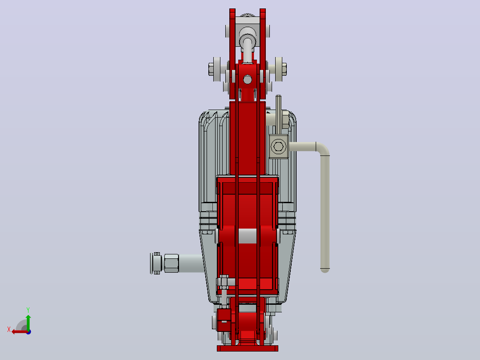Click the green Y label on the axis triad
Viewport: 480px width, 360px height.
28,310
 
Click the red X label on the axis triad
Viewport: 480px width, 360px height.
9,329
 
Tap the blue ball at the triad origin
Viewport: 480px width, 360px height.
28,332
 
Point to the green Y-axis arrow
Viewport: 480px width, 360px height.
28,322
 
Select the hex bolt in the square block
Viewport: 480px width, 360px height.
279,147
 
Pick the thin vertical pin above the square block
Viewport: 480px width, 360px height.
278,115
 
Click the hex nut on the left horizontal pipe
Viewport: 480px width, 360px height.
171,263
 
